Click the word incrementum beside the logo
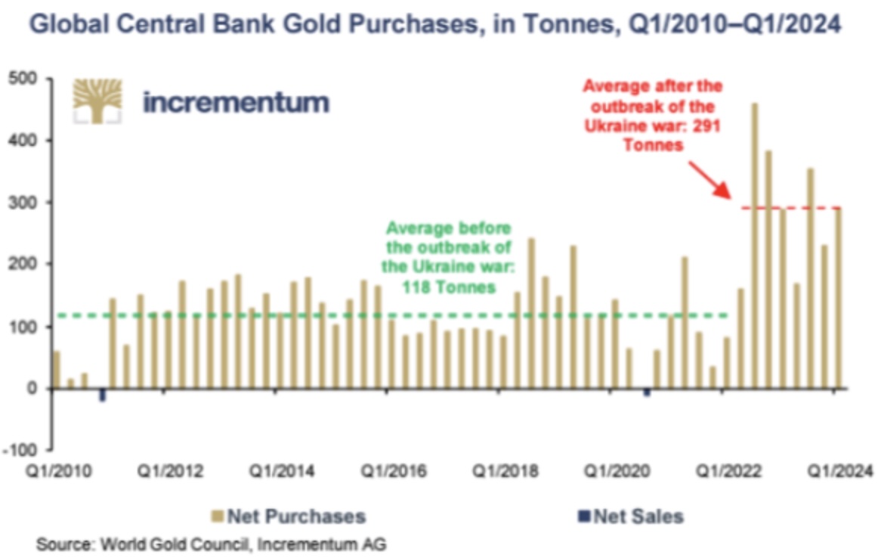[236, 102]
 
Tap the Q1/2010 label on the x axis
[59, 471]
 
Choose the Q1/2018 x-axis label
[505, 471]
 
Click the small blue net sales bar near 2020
[647, 392]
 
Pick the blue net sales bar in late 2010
[102, 395]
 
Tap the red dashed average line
[786, 207]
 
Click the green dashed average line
[378, 315]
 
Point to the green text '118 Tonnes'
[449, 287]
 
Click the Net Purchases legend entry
[288, 517]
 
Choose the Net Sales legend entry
[630, 517]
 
